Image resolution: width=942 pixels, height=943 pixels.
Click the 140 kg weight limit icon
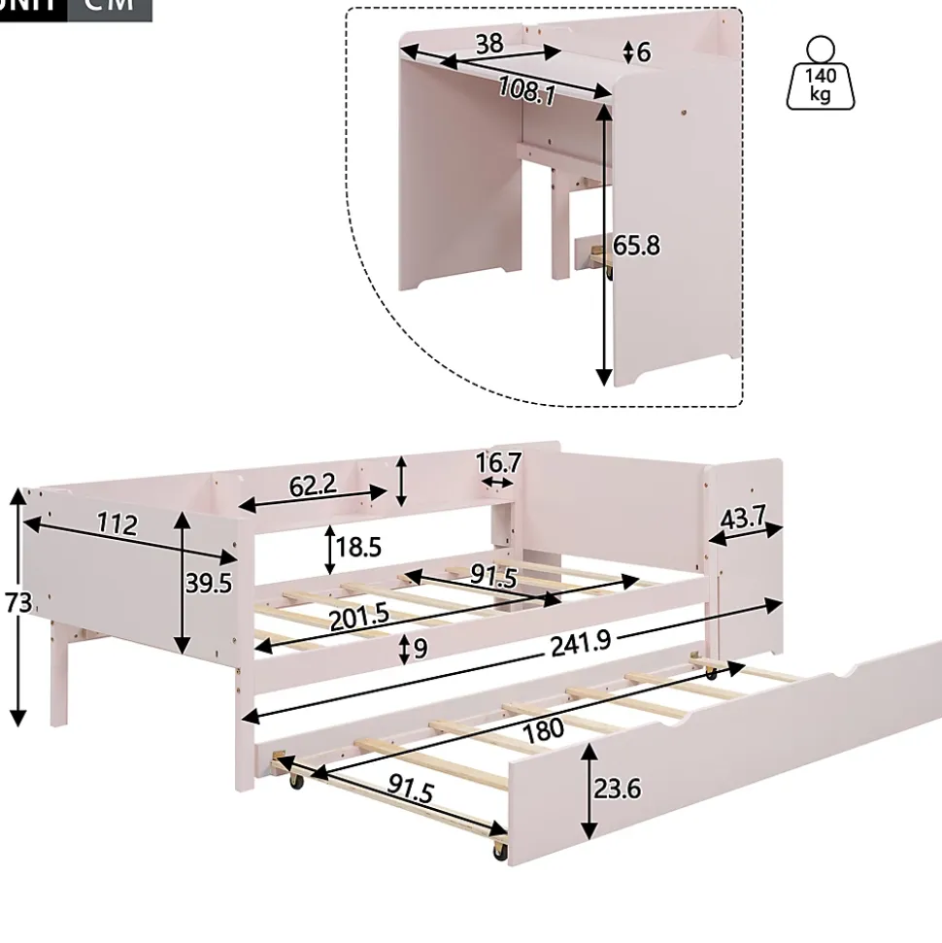coord(821,74)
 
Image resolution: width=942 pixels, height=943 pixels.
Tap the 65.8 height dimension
coord(636,246)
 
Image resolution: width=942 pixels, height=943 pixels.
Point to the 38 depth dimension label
coord(489,43)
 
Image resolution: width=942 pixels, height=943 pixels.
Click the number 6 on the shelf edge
coord(643,51)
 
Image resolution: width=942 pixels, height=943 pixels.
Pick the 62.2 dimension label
coord(313,485)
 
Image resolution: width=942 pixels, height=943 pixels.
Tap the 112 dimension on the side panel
coord(117,525)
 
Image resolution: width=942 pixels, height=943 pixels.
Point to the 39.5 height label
coord(209,582)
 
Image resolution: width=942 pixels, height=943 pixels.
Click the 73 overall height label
coord(17,604)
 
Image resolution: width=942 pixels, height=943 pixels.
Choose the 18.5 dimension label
coord(357,547)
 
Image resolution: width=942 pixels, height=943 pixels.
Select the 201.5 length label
coord(358,617)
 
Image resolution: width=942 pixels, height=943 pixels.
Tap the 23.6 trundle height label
coord(618,788)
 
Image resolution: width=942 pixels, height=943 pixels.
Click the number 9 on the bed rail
coord(420,648)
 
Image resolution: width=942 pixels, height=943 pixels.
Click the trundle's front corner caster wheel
coord(499,851)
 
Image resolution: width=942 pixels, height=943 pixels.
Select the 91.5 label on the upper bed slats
coord(493,575)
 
